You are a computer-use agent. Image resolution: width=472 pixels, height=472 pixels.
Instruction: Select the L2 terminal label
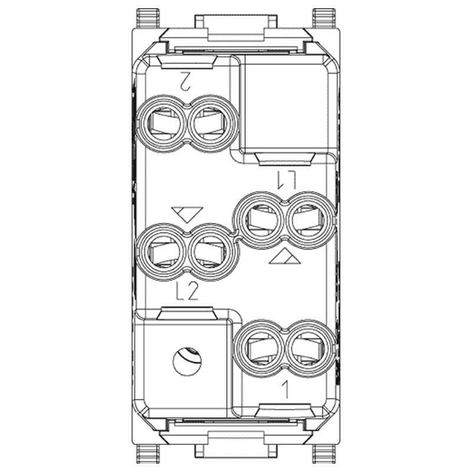pos(188,291)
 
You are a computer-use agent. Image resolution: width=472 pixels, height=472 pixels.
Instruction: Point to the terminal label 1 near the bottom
pos(285,389)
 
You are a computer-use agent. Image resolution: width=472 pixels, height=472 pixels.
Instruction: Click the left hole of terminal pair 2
pos(161,123)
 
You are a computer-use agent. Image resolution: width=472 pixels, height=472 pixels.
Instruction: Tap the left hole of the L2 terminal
pos(161,252)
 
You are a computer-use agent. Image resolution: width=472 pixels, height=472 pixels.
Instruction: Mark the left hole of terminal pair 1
pos(260,349)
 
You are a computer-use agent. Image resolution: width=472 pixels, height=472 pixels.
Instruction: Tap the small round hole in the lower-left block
pos(187,359)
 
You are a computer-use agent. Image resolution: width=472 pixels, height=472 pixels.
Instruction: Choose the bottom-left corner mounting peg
pos(147,453)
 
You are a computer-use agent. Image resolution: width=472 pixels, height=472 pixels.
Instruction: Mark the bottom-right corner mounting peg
pos(323,453)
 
